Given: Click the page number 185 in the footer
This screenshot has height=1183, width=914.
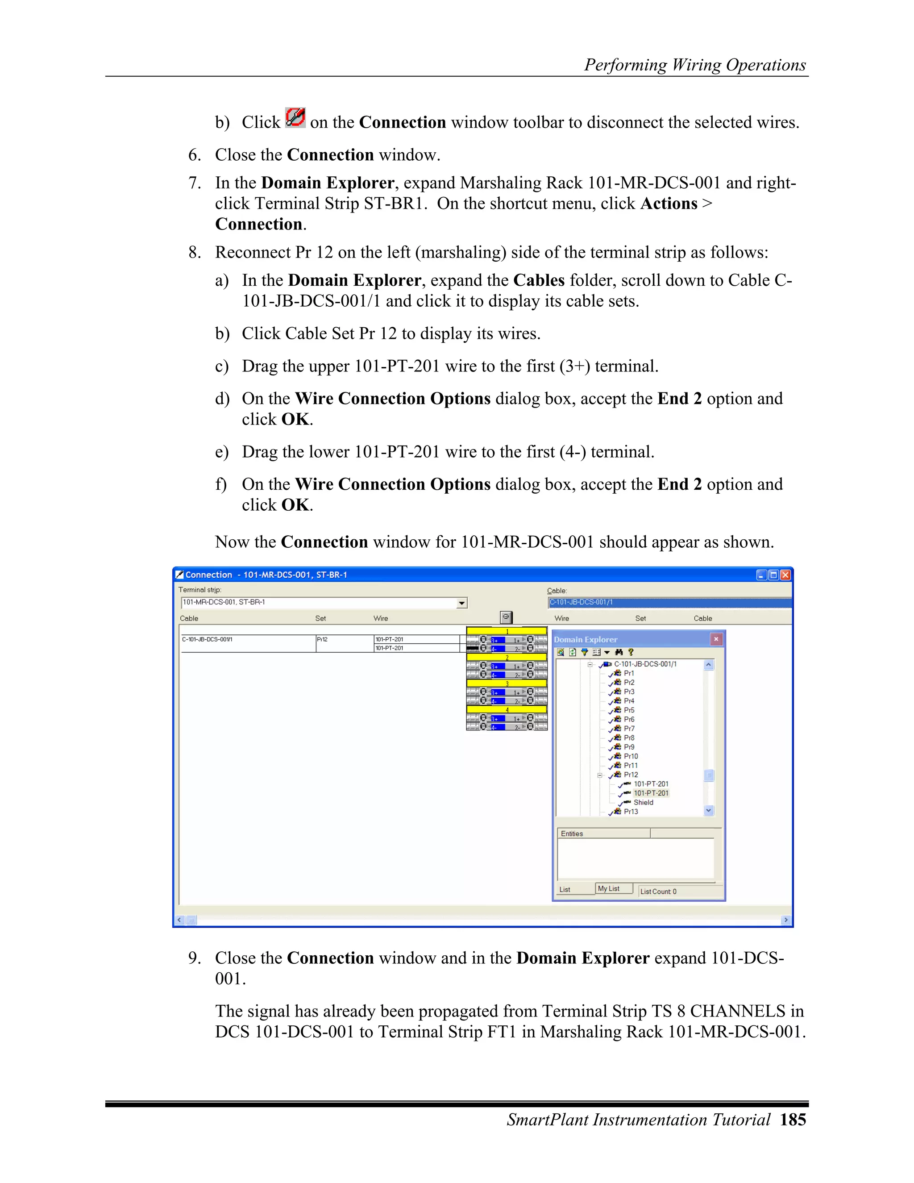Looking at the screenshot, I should click(x=793, y=1119).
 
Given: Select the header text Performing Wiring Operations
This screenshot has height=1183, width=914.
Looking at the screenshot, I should click(x=695, y=65).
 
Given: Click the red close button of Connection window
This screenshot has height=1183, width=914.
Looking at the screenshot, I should click(x=785, y=575).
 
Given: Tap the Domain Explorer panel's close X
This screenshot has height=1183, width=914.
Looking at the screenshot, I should click(x=716, y=639).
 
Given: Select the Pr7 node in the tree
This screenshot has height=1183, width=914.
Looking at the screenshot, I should click(x=629, y=729).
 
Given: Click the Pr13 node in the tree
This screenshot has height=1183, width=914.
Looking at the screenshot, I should click(x=630, y=812).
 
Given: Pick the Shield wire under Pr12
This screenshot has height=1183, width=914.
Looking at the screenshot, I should click(x=643, y=802).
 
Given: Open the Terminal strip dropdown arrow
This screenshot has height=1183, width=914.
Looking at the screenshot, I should click(x=461, y=603).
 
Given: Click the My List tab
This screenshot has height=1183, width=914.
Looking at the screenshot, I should click(x=609, y=888).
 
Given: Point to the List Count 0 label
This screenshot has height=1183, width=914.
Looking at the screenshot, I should click(x=658, y=891).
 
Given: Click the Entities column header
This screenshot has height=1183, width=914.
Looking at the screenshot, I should click(x=572, y=833).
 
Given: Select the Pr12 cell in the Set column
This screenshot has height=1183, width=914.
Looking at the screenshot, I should click(x=323, y=639).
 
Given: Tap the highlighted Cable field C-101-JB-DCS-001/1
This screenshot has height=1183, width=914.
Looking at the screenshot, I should click(x=582, y=602).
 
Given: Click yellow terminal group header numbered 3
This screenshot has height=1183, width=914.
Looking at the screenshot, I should click(x=507, y=683).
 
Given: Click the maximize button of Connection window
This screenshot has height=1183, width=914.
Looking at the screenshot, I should click(x=773, y=575).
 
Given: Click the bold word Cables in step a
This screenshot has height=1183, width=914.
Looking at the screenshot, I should click(x=539, y=280).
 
